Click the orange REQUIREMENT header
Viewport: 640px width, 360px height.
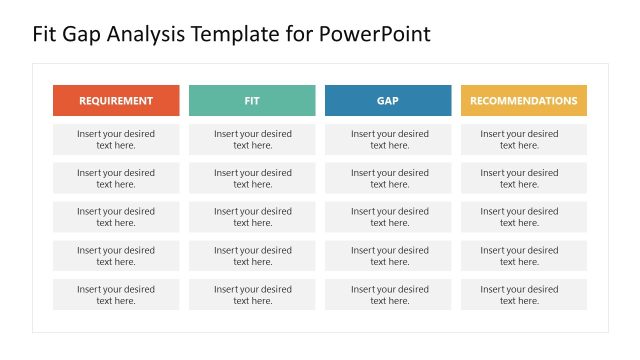[x=116, y=100]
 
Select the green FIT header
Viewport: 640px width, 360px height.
[x=252, y=100]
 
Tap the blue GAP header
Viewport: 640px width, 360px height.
[x=388, y=100]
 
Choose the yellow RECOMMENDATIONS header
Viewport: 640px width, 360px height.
[x=523, y=100]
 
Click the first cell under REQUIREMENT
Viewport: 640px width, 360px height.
[x=116, y=139]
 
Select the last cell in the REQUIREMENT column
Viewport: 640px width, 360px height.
[x=116, y=295]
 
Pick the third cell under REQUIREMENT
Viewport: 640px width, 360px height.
[x=116, y=217]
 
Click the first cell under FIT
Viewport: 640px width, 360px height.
[x=252, y=139]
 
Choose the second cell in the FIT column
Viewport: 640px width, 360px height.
[x=252, y=178]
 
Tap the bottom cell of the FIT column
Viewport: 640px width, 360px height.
[x=252, y=295]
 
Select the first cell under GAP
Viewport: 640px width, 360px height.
[x=388, y=139]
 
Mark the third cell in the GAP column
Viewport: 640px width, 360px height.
[x=388, y=217]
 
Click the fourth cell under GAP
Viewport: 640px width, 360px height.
[x=388, y=256]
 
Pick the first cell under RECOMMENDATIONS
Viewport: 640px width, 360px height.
[x=523, y=139]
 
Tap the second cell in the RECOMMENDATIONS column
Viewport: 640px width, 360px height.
[x=523, y=178]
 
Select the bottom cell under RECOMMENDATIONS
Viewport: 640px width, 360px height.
[x=523, y=295]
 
